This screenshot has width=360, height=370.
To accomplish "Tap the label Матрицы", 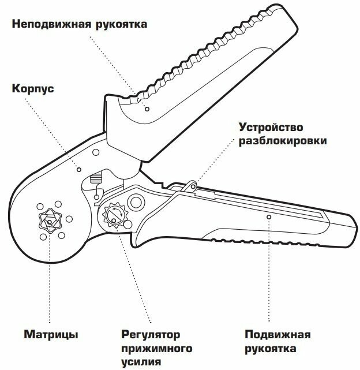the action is point(51,334).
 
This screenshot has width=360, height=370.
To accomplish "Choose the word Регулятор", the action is point(150,334).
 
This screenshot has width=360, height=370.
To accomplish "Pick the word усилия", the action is point(141,362).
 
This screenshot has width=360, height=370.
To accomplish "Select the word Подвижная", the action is point(277,335).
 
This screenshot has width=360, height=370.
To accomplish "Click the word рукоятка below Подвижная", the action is point(271,349).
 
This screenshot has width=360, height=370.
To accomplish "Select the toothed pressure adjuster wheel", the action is point(112,217).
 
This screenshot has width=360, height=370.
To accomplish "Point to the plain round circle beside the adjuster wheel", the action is point(137,201).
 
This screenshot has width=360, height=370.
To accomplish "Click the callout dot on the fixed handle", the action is point(147,109).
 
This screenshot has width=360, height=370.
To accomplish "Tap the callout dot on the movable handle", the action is point(269,216).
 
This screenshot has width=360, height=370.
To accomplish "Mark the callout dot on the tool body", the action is point(79,170).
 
